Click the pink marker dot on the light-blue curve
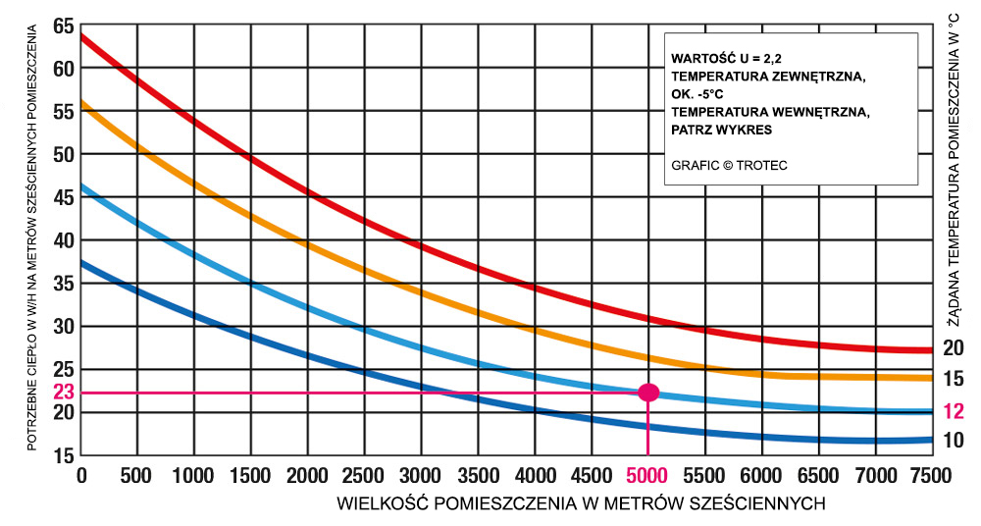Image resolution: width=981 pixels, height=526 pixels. (647, 393)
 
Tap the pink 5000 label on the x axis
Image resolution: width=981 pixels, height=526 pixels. (647, 477)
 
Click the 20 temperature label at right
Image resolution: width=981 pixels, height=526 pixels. (954, 346)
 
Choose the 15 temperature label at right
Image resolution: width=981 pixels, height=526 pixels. (954, 379)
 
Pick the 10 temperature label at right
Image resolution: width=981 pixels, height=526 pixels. (954, 441)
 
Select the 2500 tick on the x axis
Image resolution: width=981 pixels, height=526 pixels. (364, 477)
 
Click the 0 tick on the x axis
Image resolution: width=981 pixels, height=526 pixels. (82, 477)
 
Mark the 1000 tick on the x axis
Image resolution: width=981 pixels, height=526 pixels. (194, 477)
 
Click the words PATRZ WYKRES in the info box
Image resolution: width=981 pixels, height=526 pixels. (722, 129)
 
